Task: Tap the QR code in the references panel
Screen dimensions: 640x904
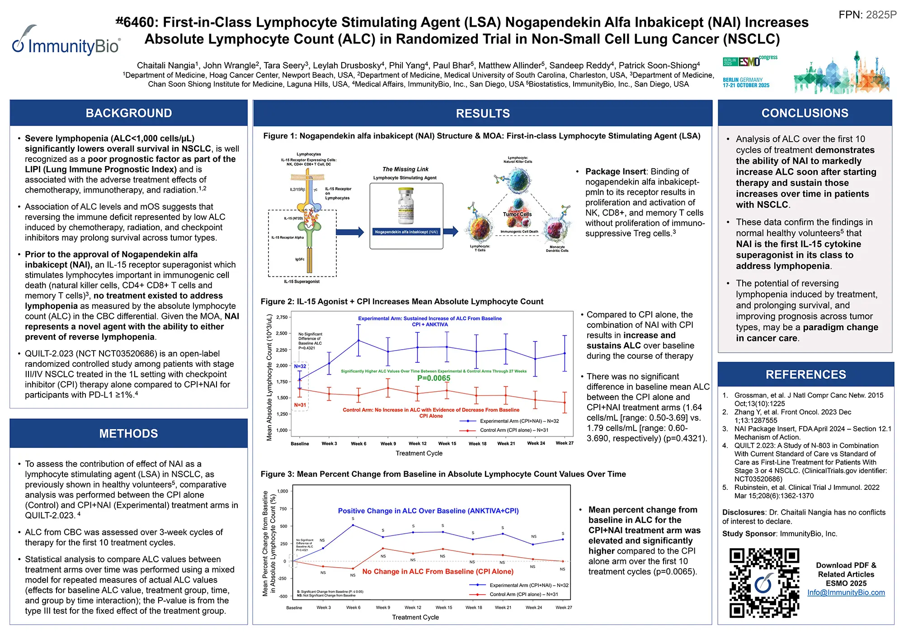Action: click(764, 583)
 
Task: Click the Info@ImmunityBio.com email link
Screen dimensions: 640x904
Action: click(846, 593)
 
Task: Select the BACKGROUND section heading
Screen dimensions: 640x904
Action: click(129, 113)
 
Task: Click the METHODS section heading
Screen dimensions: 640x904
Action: click(129, 433)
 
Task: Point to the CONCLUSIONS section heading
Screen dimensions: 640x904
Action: click(805, 113)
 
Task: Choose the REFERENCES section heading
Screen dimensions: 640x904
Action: click(805, 375)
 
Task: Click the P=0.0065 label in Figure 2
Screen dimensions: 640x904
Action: click(433, 378)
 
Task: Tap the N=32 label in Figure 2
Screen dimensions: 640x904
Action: click(300, 366)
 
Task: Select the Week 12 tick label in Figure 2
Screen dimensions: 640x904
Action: click(417, 444)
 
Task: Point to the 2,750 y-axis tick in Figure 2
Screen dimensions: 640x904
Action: click(282, 318)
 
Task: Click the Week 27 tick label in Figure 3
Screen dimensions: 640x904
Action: click(564, 607)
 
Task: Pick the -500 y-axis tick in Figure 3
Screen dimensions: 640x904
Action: click(282, 597)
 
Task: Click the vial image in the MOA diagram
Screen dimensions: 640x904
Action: click(406, 206)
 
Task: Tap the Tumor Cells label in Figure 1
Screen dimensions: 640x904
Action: click(517, 214)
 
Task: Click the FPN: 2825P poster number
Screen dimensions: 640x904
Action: click(867, 15)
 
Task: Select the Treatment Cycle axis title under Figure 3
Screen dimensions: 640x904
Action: click(415, 617)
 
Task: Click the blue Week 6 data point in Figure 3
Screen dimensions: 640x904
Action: click(353, 525)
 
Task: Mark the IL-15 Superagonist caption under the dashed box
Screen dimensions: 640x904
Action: click(301, 282)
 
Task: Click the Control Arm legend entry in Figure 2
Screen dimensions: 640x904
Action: click(514, 430)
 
